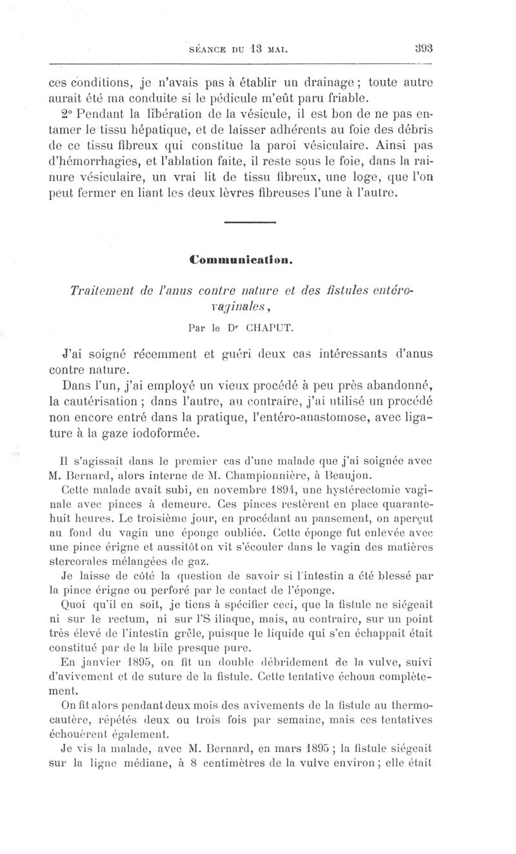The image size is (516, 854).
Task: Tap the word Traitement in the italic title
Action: click(105, 290)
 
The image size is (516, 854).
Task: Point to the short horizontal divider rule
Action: click(249, 223)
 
